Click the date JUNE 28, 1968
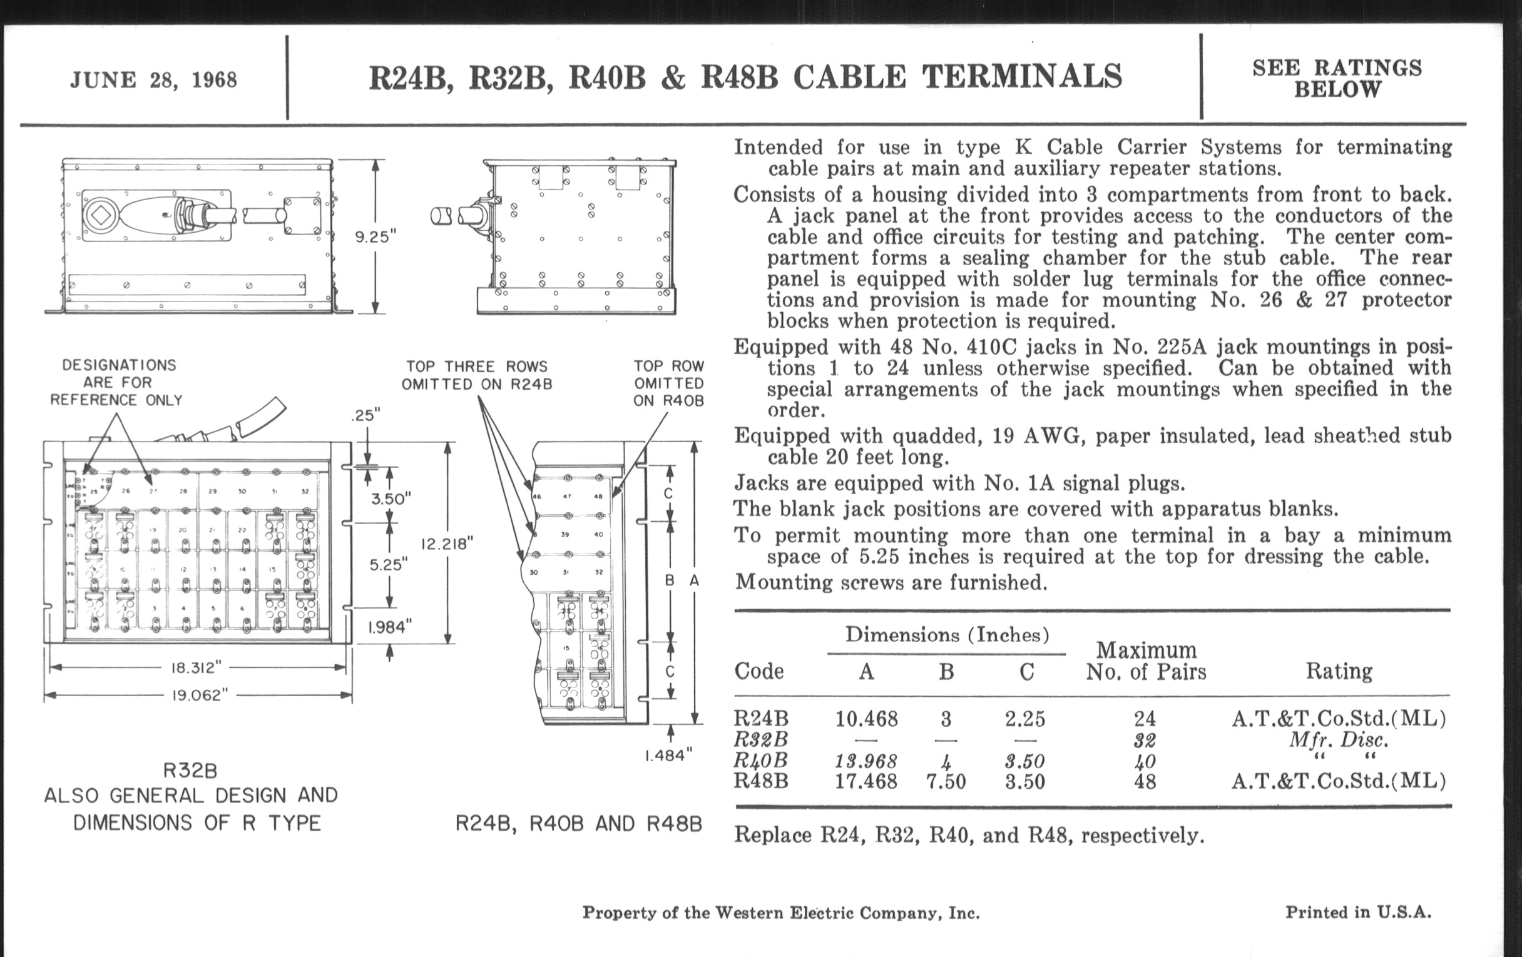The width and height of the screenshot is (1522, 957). click(153, 80)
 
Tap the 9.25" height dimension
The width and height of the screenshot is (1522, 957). click(375, 237)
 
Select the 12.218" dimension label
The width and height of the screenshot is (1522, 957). click(447, 544)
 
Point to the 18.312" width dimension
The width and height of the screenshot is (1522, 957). click(197, 667)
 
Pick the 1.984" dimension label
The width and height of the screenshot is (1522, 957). click(390, 627)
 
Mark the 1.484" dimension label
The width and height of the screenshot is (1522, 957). click(670, 755)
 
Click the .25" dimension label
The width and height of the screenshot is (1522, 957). click(366, 415)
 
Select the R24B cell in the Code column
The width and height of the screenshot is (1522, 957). click(761, 719)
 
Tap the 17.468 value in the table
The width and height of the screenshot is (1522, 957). click(866, 781)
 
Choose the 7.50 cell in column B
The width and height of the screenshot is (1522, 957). click(946, 781)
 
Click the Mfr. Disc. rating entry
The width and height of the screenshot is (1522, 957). click(1338, 740)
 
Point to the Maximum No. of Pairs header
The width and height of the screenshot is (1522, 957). click(1145, 661)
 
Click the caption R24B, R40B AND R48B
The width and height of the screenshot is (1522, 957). click(578, 824)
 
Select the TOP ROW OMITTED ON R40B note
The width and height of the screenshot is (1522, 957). click(669, 383)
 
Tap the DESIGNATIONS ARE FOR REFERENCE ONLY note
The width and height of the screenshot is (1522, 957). click(118, 383)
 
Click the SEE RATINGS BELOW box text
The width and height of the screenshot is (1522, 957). click(1337, 78)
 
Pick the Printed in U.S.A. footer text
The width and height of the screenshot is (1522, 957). click(1357, 912)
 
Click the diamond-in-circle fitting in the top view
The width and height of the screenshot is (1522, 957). click(99, 215)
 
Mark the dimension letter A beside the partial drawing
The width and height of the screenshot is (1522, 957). click(694, 580)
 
